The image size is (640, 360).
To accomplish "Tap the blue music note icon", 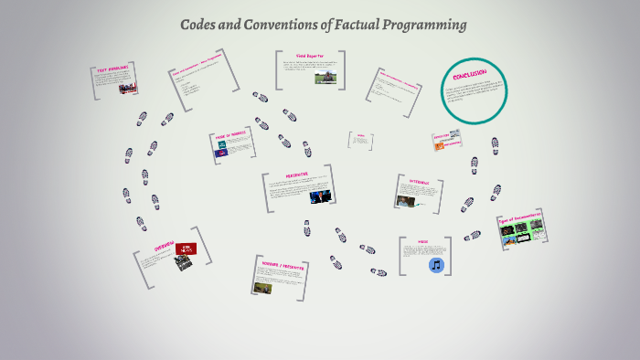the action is point(436,265).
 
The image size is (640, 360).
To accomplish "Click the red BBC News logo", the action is point(186,249).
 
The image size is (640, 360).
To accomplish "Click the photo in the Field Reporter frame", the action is point(324,78).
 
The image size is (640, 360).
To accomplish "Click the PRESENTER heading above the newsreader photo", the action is point(297,175).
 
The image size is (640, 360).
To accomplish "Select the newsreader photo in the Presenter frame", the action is point(321,196).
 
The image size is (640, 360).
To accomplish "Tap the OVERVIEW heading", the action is point(164,249).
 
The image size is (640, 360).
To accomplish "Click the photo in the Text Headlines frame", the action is point(126,89).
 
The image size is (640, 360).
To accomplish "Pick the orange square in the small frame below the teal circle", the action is point(439,145).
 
